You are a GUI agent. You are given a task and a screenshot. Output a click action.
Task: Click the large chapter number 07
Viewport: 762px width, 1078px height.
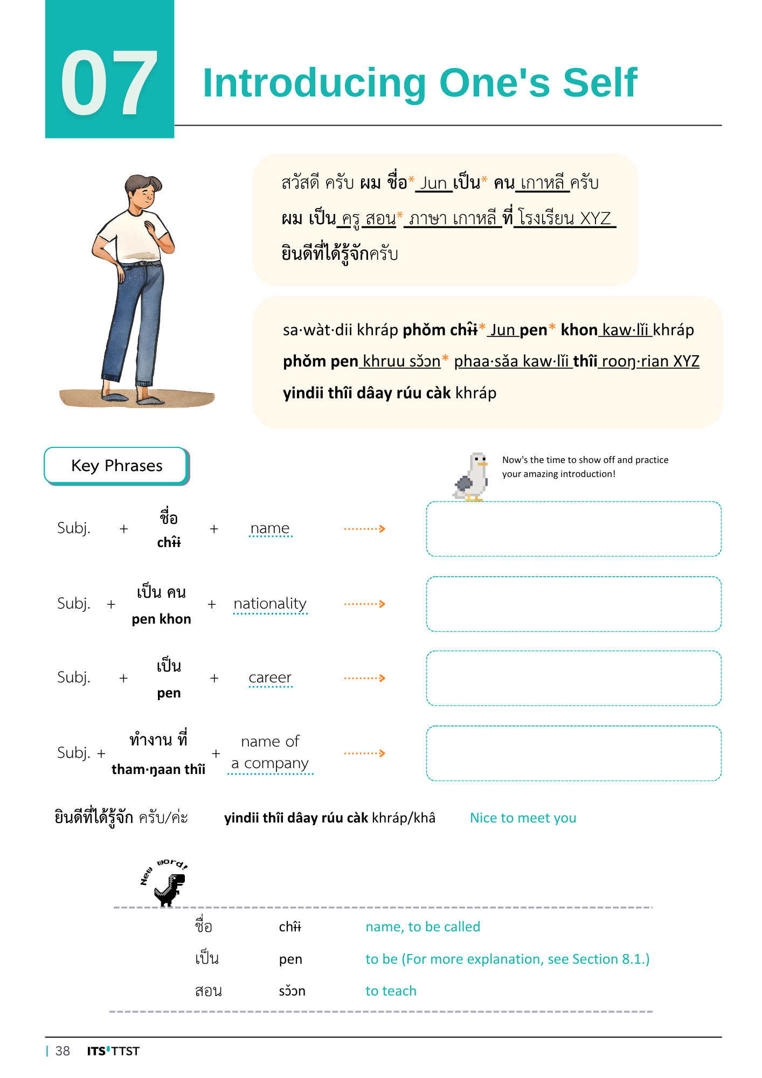pyautogui.click(x=109, y=82)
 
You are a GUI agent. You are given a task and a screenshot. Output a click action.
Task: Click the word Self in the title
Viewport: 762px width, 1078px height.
pyautogui.click(x=600, y=83)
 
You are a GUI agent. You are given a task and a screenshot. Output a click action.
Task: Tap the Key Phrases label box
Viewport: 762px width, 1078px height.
pyautogui.click(x=116, y=466)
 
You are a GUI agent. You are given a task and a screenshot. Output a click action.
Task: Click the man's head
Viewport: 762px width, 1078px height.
pyautogui.click(x=144, y=192)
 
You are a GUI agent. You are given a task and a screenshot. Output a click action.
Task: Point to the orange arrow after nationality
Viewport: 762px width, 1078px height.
pyautogui.click(x=365, y=604)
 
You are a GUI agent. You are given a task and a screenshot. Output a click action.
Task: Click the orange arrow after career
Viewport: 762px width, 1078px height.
pyautogui.click(x=365, y=678)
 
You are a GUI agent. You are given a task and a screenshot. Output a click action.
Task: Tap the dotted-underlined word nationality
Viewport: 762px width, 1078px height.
pyautogui.click(x=270, y=604)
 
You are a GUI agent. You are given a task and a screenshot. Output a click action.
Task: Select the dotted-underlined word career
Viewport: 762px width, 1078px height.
pyautogui.click(x=270, y=678)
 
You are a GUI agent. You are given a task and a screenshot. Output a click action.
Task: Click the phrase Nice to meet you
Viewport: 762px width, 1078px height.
pyautogui.click(x=523, y=818)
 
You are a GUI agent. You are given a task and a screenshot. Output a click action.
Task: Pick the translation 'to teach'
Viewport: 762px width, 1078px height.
pyautogui.click(x=391, y=991)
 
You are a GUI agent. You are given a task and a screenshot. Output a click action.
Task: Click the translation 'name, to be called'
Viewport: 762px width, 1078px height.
pyautogui.click(x=422, y=927)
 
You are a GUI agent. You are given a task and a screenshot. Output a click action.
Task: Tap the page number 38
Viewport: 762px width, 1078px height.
pyautogui.click(x=63, y=1051)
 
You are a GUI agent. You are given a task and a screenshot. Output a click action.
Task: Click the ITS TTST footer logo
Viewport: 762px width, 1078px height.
pyautogui.click(x=113, y=1051)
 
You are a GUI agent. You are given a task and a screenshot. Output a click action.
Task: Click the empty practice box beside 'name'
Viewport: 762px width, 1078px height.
pyautogui.click(x=573, y=529)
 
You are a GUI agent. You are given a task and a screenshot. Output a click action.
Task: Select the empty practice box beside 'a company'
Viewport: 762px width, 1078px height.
pyautogui.click(x=573, y=753)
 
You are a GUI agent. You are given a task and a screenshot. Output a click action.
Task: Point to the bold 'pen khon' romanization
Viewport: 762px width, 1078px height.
pyautogui.click(x=161, y=619)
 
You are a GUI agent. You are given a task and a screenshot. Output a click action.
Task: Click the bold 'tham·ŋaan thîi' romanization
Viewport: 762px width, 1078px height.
pyautogui.click(x=158, y=769)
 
